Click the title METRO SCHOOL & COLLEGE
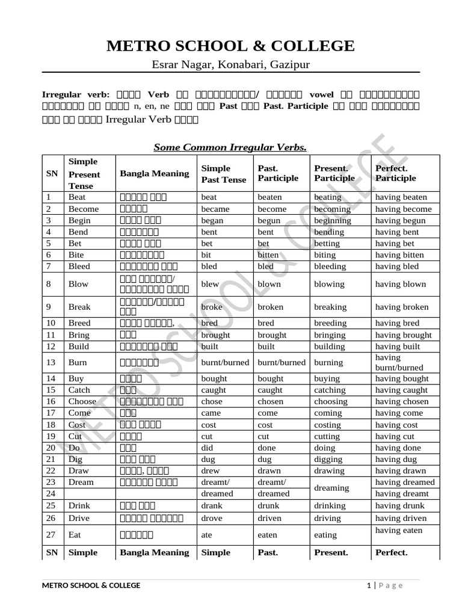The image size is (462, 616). pos(231,46)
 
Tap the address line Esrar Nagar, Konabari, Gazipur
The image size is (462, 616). pos(231,64)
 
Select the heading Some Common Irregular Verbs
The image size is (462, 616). pos(230,147)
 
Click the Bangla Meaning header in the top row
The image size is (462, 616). pos(155,173)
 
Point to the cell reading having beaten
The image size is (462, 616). pos(401,197)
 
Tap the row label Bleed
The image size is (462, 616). pos(79,266)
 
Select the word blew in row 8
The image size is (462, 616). pos(210,284)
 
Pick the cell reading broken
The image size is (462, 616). pos(271,307)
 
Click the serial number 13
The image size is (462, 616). pos(52,362)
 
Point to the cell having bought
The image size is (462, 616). pos(402,378)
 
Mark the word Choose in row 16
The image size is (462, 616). pos(82,401)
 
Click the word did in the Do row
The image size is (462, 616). pos(208,448)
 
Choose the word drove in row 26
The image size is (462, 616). pos(212,518)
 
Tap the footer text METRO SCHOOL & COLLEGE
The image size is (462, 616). pos(91,585)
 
